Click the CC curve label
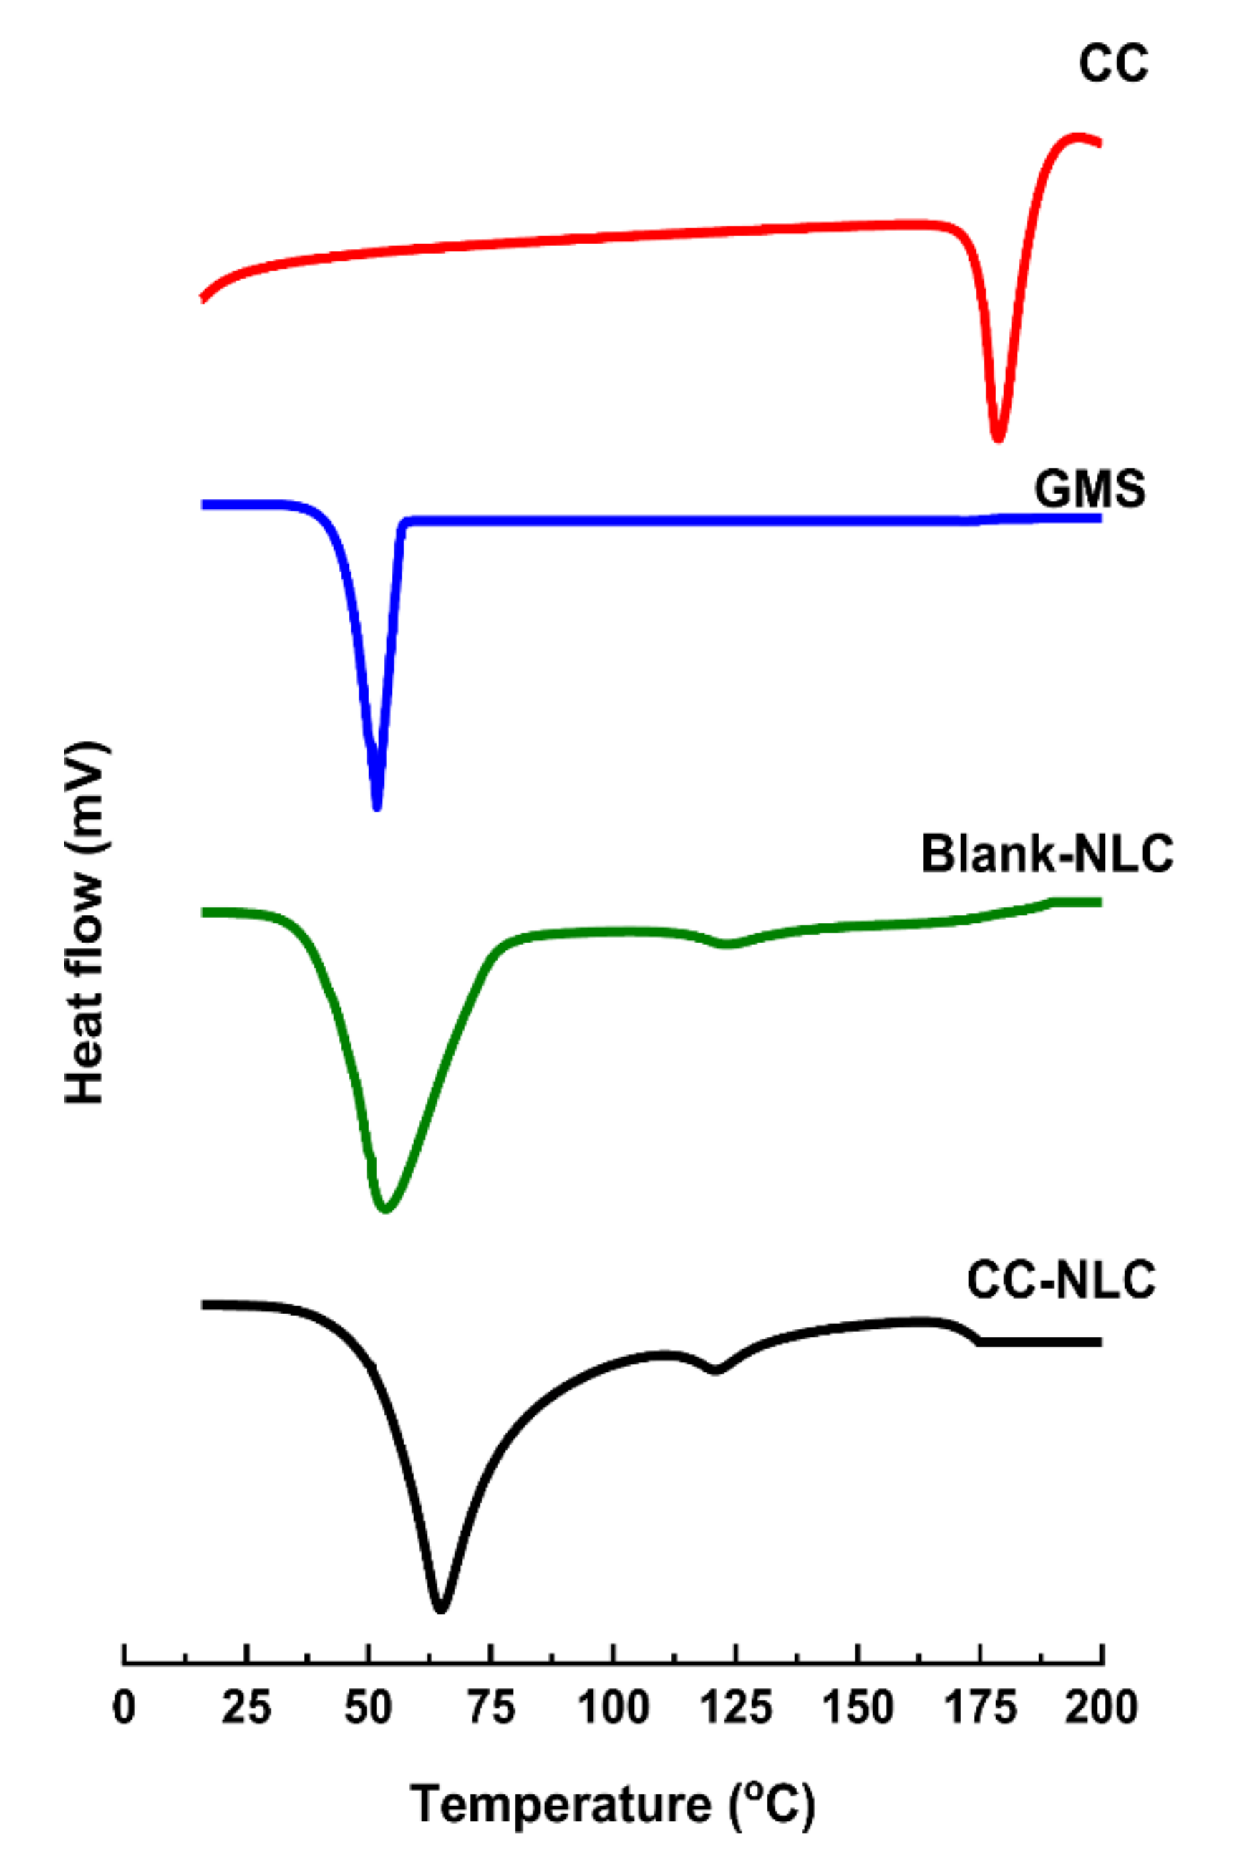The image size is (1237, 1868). coord(1112,63)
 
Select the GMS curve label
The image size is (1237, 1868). coord(1090,488)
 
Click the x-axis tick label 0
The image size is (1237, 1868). coord(124,1708)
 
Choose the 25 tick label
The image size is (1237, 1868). coord(246,1708)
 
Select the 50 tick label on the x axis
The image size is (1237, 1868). coord(369,1708)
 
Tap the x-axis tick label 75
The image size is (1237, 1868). coord(490,1708)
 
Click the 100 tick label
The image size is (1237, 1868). coord(613,1708)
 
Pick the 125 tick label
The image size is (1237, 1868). coord(735,1708)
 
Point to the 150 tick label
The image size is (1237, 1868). coord(858,1708)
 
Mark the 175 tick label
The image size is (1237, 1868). coord(980,1708)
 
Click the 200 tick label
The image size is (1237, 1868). coord(1101,1708)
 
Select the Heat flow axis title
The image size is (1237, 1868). coord(85,922)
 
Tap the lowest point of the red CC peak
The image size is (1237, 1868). coord(998,439)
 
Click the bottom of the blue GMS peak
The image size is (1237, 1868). coord(377,807)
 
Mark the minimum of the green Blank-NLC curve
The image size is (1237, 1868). coord(386,1209)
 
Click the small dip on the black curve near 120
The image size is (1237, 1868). coord(716,1370)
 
